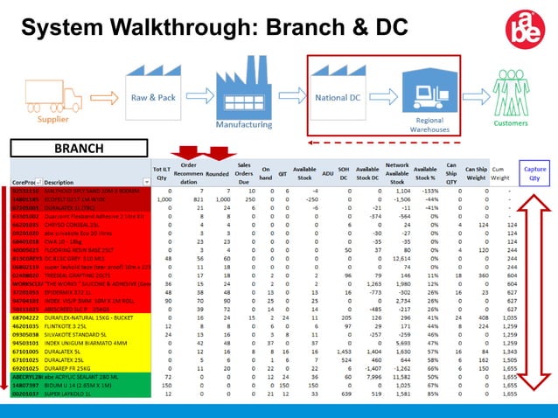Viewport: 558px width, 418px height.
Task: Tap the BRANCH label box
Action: [x=78, y=150]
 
